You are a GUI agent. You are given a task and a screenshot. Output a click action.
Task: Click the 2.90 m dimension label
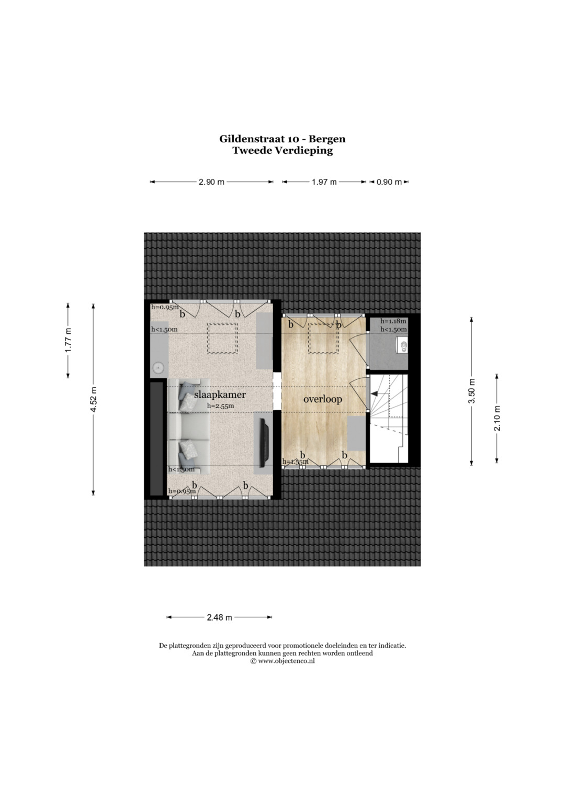pyautogui.click(x=211, y=182)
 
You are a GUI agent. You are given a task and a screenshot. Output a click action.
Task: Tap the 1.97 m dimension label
pyautogui.click(x=324, y=182)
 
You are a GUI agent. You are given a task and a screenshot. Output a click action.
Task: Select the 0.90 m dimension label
pyautogui.click(x=389, y=182)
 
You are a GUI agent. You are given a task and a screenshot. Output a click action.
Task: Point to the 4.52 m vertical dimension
pyautogui.click(x=94, y=399)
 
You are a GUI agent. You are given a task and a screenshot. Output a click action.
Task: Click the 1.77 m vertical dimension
pyautogui.click(x=68, y=340)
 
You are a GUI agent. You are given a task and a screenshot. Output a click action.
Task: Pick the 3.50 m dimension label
pyautogui.click(x=471, y=391)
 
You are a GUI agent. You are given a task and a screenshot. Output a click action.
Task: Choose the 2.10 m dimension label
pyautogui.click(x=497, y=418)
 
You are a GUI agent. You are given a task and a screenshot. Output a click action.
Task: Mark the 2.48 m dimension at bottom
pyautogui.click(x=219, y=617)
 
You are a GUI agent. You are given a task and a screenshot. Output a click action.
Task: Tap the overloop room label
pyautogui.click(x=322, y=399)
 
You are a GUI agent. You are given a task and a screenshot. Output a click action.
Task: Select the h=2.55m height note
pyautogui.click(x=220, y=406)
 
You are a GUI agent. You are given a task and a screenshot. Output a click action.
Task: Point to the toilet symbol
pyautogui.click(x=401, y=346)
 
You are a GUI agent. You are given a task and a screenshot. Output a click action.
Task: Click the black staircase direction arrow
pyautogui.click(x=375, y=393)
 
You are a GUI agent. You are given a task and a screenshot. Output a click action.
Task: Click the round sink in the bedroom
pyautogui.click(x=157, y=367)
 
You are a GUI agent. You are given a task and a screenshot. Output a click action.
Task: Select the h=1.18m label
pyautogui.click(x=393, y=321)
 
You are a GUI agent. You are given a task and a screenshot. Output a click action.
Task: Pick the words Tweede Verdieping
pyautogui.click(x=282, y=151)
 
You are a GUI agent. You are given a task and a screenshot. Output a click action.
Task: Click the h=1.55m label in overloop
pyautogui.click(x=296, y=461)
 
